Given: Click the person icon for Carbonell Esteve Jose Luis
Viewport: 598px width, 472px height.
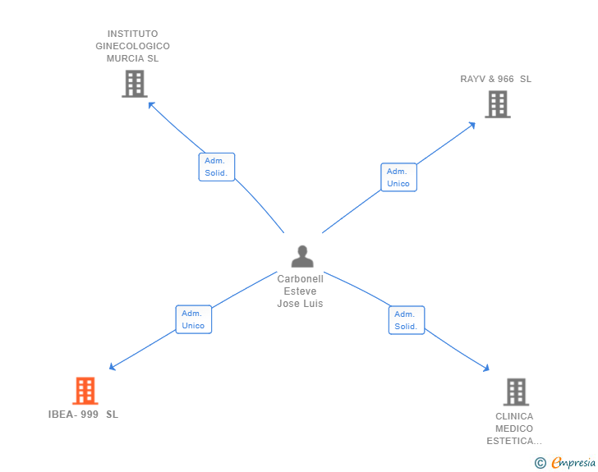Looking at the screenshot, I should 302,257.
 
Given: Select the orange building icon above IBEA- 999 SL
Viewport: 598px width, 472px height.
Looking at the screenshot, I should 85,391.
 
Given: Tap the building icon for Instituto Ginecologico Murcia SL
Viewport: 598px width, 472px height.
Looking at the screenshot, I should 134,84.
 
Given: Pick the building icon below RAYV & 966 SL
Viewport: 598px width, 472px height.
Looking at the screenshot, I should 497,104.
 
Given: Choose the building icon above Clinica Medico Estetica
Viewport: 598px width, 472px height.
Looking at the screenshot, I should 515,392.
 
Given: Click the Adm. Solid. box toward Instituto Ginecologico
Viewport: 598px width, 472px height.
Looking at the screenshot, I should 216,167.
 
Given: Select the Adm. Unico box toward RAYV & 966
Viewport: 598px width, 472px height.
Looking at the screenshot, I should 398,177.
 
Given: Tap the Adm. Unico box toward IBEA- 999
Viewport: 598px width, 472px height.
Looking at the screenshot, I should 193,319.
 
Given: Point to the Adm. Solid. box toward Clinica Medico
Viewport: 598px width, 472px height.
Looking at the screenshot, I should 406,320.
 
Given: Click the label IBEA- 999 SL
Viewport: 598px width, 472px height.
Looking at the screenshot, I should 83,415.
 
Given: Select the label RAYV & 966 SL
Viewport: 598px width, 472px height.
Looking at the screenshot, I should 495,80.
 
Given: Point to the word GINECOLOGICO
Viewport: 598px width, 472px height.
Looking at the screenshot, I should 132,47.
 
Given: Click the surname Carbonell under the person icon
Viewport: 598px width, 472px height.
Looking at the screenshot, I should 300,279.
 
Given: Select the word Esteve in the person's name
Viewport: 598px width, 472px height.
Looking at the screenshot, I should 300,291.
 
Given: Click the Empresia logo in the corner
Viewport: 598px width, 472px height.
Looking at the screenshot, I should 573,463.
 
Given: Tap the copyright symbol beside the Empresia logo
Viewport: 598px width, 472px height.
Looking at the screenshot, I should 540,463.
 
